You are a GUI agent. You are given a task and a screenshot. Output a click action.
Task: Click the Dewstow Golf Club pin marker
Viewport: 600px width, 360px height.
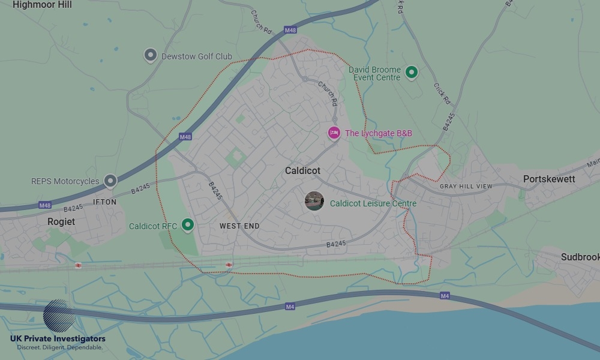point(150,56)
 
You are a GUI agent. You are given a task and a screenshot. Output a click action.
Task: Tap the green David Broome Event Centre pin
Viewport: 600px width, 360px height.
point(411,73)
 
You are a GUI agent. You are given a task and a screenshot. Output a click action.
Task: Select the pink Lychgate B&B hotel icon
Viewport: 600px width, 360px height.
point(334,133)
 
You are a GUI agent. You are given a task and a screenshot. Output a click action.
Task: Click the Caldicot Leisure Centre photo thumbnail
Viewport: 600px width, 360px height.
point(314,202)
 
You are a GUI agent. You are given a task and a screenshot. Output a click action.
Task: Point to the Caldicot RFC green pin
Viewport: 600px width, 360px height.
point(188,225)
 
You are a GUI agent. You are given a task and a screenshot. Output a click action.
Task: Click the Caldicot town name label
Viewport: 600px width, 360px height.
point(302,171)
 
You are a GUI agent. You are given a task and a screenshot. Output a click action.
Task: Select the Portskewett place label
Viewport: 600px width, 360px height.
point(549,179)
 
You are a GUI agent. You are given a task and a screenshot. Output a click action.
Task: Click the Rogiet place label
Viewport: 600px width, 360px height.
point(61,221)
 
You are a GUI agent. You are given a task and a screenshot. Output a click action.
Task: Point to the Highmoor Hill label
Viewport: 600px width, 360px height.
point(42,5)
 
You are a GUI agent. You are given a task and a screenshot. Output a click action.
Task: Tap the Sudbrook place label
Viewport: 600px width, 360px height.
point(580,257)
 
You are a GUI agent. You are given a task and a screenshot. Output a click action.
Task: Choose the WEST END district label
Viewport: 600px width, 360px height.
point(239,226)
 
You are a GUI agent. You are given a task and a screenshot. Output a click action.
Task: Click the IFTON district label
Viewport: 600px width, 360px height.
point(105,202)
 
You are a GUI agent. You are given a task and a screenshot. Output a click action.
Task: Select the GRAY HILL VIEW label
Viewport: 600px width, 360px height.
point(466,187)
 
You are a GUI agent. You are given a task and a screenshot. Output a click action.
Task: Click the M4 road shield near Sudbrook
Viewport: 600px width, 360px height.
point(445,296)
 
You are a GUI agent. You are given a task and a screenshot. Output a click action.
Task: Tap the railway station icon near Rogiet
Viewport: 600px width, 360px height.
point(78,265)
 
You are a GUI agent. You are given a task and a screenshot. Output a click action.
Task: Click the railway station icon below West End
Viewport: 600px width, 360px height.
point(229,265)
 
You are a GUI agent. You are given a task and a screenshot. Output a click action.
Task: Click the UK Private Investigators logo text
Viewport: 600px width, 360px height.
point(58,339)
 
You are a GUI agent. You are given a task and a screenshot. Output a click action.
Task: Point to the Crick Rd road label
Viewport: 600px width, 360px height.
point(442,94)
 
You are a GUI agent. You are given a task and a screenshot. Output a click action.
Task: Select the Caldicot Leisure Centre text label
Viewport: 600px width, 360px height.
point(373,203)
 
